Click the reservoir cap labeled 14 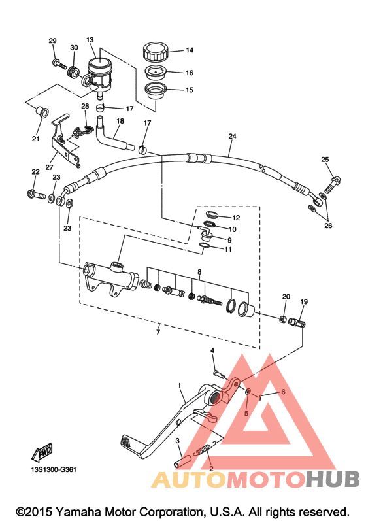(156, 52)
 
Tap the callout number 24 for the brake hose (232, 136)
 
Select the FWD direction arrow (42, 452)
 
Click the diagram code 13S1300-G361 (54, 470)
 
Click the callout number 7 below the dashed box (158, 331)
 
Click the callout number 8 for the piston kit (199, 272)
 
